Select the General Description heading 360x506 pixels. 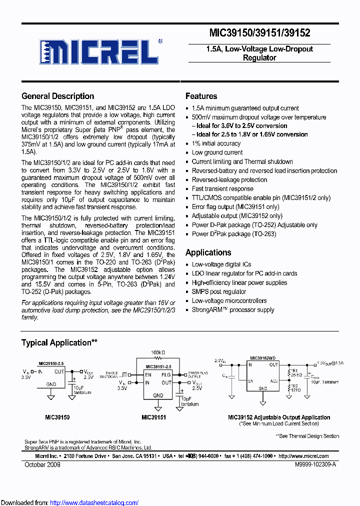coord(57,96)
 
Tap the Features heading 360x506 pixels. coord(201,96)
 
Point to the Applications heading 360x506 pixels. coord(208,252)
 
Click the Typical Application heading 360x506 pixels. coord(59,342)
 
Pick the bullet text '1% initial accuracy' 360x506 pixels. coord(216,143)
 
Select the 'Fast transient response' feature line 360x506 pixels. coord(222,188)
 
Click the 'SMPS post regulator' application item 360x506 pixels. coord(219,291)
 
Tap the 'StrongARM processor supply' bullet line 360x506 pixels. coord(233,309)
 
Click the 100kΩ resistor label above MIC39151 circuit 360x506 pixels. coord(158,352)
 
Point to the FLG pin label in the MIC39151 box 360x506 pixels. coord(165,374)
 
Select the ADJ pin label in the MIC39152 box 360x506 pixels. coord(274,380)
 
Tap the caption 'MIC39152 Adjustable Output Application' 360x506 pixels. coord(279,417)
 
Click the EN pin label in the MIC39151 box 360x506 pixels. coord(148,374)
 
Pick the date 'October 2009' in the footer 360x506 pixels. coord(42,464)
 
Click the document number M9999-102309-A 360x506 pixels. coord(315,464)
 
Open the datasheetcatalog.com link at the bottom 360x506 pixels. coord(94,502)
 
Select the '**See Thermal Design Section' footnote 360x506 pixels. coord(307,436)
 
